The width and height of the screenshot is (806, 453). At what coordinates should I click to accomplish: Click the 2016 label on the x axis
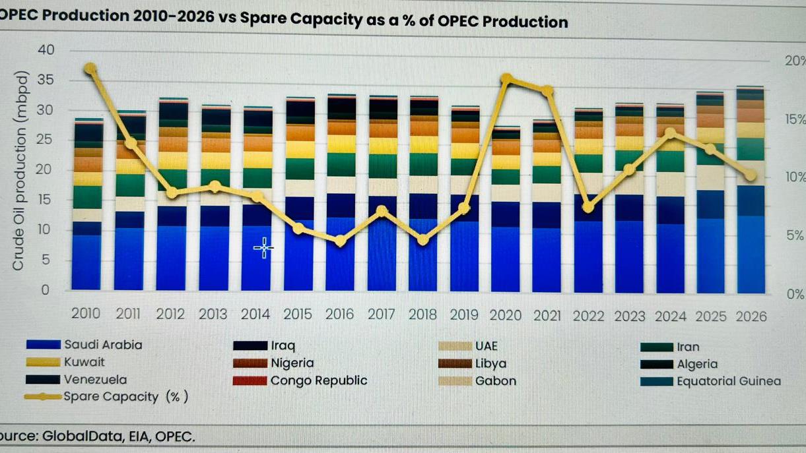[x=340, y=315]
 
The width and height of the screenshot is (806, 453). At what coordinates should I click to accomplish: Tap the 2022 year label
[x=589, y=315]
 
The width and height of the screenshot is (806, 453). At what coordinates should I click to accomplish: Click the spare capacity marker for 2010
[x=90, y=69]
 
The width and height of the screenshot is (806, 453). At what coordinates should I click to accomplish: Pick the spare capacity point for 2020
[x=506, y=80]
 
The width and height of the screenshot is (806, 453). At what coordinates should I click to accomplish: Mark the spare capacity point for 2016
[x=340, y=241]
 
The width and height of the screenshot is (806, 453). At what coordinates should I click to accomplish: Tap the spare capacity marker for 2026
[x=751, y=175]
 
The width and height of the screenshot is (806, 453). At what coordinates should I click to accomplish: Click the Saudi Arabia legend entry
[x=102, y=344]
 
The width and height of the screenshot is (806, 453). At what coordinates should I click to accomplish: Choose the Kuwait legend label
[x=84, y=361]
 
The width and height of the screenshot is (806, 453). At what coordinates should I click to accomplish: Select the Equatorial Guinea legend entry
[x=728, y=381]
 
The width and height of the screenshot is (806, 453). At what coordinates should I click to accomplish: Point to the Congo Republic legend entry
[x=318, y=380]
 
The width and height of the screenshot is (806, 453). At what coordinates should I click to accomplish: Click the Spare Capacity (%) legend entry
[x=125, y=397]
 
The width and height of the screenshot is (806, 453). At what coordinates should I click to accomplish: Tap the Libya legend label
[x=492, y=363]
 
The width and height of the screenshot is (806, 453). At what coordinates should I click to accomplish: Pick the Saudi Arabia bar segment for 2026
[x=751, y=254]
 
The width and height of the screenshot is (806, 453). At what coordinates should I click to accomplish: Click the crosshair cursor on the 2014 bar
[x=263, y=248]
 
